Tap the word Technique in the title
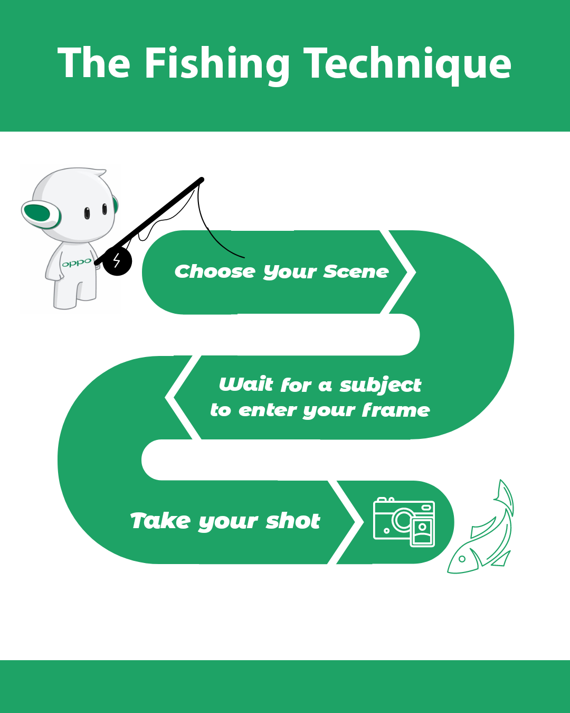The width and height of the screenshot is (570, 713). tap(407, 65)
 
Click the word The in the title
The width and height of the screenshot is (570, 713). tap(94, 62)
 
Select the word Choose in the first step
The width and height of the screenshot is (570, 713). tap(215, 271)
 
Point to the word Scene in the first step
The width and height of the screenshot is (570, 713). tap(356, 271)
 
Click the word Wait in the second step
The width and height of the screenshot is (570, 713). tap(246, 384)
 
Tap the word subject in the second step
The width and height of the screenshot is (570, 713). tap(381, 386)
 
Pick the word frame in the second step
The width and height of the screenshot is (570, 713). tap(396, 410)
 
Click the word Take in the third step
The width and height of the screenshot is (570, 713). tap(160, 521)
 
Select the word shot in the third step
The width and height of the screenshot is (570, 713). tap(293, 521)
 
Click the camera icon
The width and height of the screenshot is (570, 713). tap(404, 522)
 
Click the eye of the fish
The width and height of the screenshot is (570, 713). tap(462, 559)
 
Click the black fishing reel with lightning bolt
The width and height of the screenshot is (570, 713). tap(117, 261)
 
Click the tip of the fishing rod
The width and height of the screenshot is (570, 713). tap(202, 180)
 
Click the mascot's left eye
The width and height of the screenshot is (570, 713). tap(87, 213)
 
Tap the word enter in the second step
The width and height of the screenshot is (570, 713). tap(267, 410)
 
